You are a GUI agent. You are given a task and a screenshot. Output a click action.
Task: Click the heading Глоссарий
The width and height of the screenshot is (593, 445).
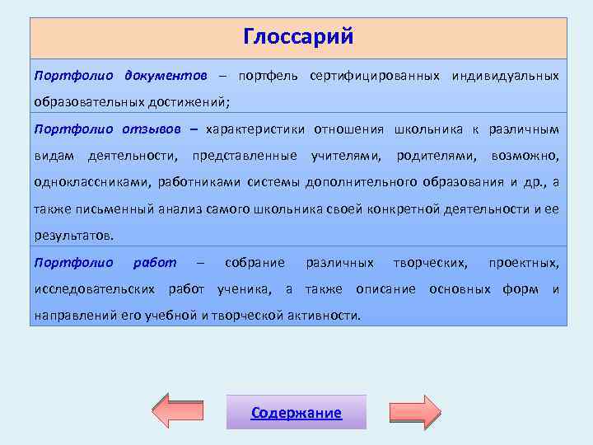pyautogui.click(x=298, y=37)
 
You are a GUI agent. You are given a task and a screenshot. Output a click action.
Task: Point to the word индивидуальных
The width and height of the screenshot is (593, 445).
pyautogui.click(x=505, y=76)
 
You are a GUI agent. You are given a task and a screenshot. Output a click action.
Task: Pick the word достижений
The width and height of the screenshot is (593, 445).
pyautogui.click(x=189, y=102)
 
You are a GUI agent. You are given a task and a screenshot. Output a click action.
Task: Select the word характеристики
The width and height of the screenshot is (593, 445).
pyautogui.click(x=255, y=129)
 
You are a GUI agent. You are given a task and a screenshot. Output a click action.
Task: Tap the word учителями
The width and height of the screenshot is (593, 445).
pyautogui.click(x=346, y=155)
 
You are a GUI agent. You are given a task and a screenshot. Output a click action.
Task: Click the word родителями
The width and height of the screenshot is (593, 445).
pyautogui.click(x=437, y=155)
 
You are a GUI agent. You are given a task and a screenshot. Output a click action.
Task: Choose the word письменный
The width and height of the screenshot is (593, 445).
pyautogui.click(x=110, y=208)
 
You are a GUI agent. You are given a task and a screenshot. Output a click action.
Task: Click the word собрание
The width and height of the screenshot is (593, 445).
pyautogui.click(x=254, y=262)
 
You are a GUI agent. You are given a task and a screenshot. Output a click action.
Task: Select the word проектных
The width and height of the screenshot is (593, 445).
pyautogui.click(x=523, y=262)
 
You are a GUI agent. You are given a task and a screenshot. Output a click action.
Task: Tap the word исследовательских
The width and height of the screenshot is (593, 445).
pyautogui.click(x=95, y=289)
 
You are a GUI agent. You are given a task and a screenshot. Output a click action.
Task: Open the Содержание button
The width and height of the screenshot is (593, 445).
pyautogui.click(x=296, y=413)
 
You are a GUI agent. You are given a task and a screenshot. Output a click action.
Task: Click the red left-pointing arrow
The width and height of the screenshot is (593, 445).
pyautogui.click(x=180, y=411)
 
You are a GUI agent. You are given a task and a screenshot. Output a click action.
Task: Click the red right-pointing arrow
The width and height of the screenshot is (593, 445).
pyautogui.click(x=415, y=411)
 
